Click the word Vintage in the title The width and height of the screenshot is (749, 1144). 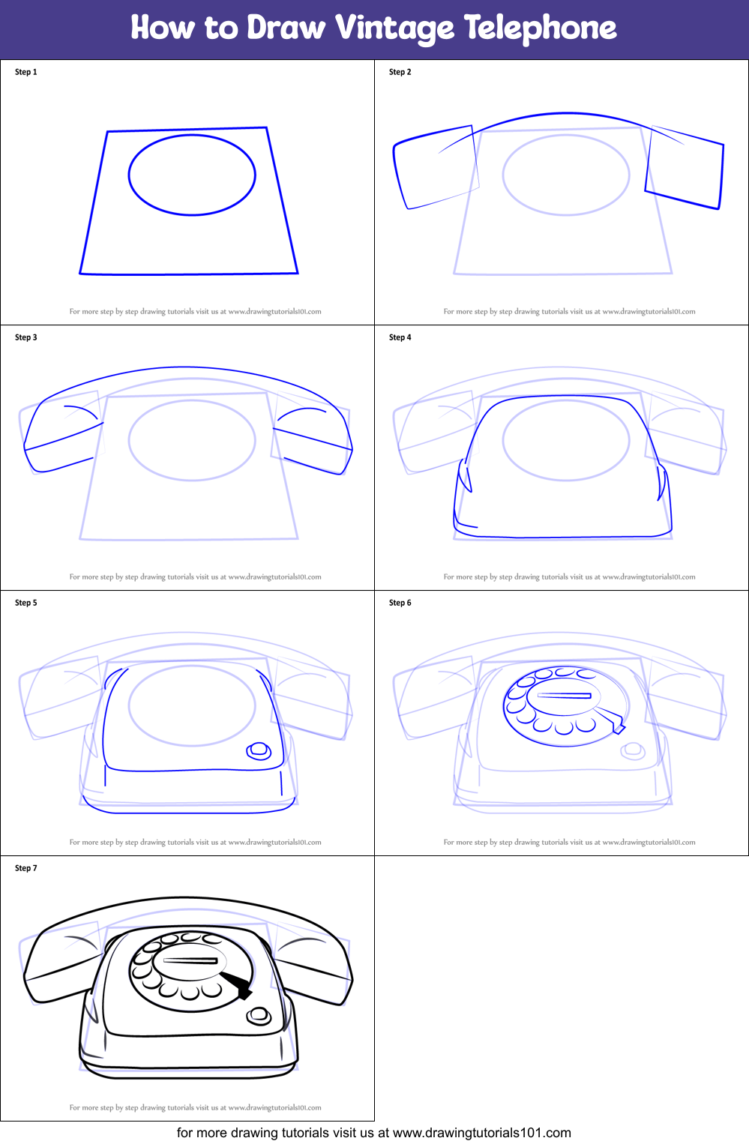pos(394,28)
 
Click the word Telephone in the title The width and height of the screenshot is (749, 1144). pos(540,28)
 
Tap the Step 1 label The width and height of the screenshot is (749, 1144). pos(25,72)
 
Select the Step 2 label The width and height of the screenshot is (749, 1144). pos(400,72)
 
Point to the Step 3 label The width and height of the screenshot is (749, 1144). pos(25,337)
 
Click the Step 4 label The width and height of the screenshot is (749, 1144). pos(400,337)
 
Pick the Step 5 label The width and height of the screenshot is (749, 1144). pos(25,603)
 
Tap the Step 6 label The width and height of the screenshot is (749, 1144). pos(400,603)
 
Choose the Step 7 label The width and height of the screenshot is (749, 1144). pos(25,868)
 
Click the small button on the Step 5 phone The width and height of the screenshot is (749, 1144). pos(259,750)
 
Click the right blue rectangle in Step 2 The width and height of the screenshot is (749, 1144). pos(685,169)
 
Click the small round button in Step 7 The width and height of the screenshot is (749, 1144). pos(259,1015)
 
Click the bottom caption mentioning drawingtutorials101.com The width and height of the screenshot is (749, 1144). pos(373,1133)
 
